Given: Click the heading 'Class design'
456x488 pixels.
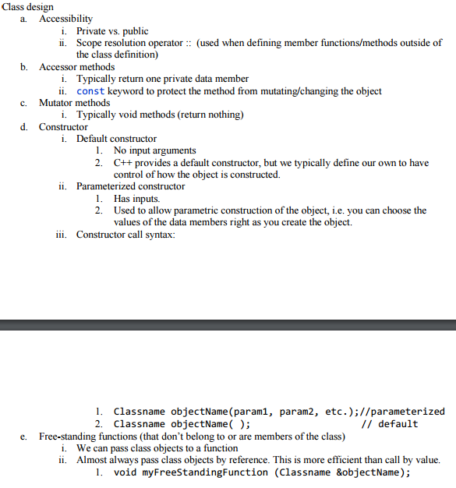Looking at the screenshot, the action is pyautogui.click(x=27, y=6).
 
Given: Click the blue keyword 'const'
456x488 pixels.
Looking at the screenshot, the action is pyautogui.click(x=90, y=91).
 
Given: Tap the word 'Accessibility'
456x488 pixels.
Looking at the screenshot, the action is pyautogui.click(x=65, y=19).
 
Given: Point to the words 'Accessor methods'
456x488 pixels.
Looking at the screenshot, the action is pyautogui.click(x=76, y=67).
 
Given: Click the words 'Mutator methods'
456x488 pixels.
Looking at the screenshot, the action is pyautogui.click(x=74, y=103).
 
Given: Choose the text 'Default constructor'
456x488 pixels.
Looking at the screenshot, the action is pyautogui.click(x=116, y=139).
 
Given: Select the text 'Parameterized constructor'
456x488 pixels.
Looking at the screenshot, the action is pyautogui.click(x=130, y=186).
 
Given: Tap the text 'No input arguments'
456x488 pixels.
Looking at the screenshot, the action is pyautogui.click(x=154, y=150).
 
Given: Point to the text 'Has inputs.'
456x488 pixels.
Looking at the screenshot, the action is pyautogui.click(x=136, y=199).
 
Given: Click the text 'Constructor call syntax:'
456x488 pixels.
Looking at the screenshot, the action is pyautogui.click(x=125, y=235).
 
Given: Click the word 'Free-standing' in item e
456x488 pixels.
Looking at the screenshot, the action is pyautogui.click(x=71, y=437).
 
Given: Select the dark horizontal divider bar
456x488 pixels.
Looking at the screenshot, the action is pyautogui.click(x=228, y=325).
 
